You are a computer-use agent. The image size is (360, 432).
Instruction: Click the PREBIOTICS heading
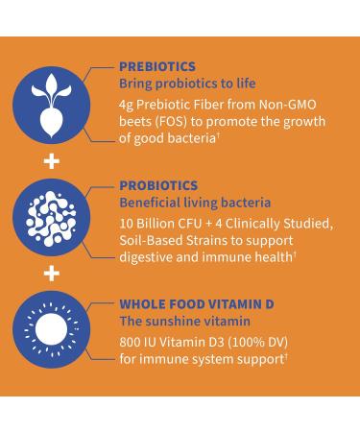click(158, 66)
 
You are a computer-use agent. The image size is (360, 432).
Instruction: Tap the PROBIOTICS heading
click(158, 185)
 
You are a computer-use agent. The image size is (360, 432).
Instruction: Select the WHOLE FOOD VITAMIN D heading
click(196, 303)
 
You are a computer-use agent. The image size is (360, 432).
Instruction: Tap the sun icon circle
click(53, 330)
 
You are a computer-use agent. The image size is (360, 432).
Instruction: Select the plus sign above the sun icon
click(53, 275)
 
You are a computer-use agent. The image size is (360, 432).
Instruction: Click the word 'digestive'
click(150, 257)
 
